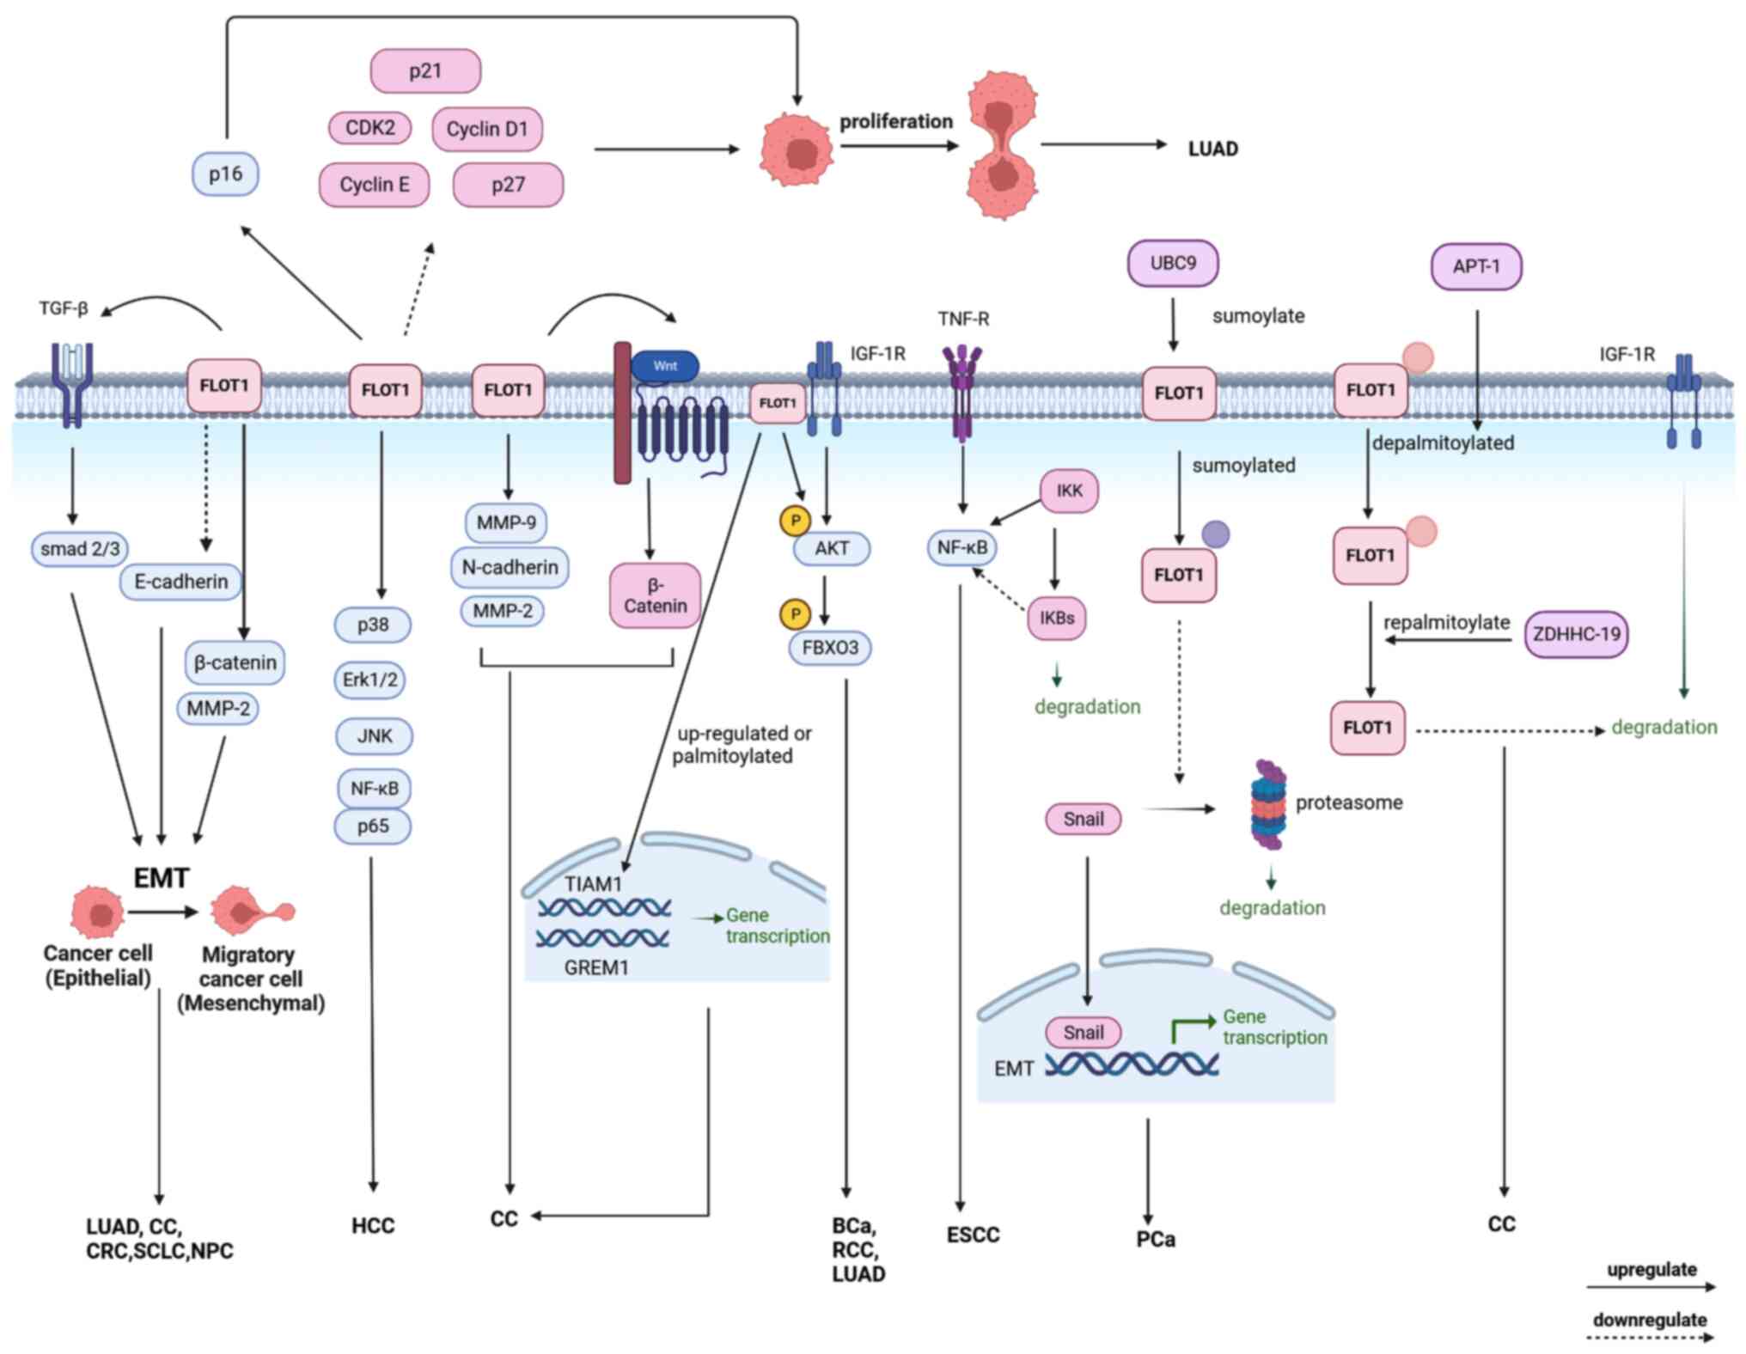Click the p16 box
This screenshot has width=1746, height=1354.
coord(225,174)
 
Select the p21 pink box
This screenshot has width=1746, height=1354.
coord(425,70)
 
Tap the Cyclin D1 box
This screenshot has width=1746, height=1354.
coord(486,129)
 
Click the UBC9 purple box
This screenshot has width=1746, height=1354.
coord(1172,263)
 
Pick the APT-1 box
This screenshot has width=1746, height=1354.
coord(1475,266)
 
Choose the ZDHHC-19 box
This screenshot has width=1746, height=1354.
coord(1576,634)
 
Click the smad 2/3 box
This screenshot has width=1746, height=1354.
coord(80,548)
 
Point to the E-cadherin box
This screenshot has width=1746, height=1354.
coord(181,582)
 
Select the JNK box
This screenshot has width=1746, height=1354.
coord(374,735)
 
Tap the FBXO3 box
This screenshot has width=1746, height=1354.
coord(830,648)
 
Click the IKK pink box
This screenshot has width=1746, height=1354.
coord(1069,491)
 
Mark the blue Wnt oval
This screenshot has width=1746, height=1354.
coord(665,366)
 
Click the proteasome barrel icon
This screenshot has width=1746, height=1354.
coord(1268,804)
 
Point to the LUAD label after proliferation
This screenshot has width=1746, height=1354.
coord(1212,149)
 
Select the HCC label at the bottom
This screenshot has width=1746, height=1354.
coord(373,1225)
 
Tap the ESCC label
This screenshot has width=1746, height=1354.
coord(973,1235)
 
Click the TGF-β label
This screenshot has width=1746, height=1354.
coord(64,308)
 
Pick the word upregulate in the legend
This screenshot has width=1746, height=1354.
coord(1651,1269)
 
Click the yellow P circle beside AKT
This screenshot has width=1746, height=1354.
coord(795,520)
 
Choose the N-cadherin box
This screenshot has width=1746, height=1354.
coord(510,567)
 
